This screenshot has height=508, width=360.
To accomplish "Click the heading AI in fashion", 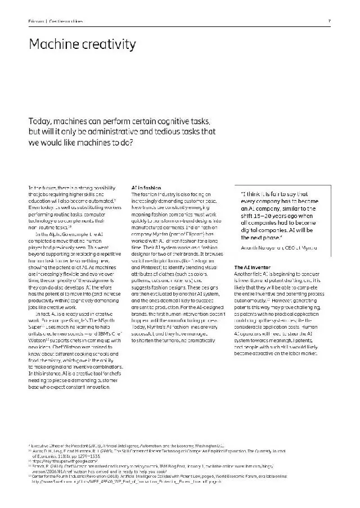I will pos(146,187).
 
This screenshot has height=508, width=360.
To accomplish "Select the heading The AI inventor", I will pos(253,266).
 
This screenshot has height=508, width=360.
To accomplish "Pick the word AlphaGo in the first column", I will pos(57,234).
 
